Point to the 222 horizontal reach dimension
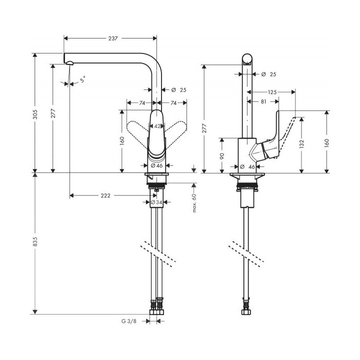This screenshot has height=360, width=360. (105, 195)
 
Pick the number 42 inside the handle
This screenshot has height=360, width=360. (157, 126)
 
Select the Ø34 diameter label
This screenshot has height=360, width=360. (157, 202)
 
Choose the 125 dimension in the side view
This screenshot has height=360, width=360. (272, 92)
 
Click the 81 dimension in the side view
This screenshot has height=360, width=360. (262, 101)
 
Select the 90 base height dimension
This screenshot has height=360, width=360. (222, 156)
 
